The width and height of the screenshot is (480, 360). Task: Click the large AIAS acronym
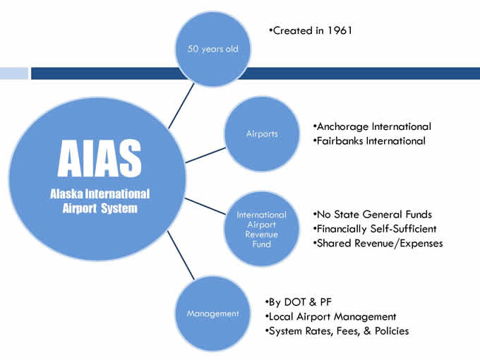pos(100,158)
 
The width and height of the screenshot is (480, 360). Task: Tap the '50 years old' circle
pos(212,49)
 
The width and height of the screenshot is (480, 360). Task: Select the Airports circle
pos(262,134)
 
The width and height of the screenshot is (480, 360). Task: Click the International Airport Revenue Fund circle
pos(262,229)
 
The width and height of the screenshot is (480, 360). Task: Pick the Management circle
pos(212,313)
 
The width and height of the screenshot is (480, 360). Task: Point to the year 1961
pos(340,30)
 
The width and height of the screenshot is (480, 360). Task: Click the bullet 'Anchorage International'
pos(372,126)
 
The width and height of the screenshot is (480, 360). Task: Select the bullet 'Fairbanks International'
pos(369,140)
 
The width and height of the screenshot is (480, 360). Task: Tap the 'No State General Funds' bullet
pos(372,215)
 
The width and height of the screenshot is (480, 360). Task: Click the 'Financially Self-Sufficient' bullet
pos(375,229)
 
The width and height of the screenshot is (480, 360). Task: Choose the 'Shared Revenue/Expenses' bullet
pos(378,243)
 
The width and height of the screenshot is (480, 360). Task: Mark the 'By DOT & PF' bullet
pos(299,302)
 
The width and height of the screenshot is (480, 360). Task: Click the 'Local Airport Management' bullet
pos(330,316)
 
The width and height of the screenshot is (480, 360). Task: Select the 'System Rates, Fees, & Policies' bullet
pos(337,331)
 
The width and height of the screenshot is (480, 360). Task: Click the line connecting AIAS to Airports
pos(205,155)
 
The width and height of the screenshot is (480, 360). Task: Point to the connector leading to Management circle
pos(181,256)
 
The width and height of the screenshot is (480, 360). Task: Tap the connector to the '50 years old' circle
pos(181,106)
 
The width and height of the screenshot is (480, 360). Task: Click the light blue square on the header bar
pos(14,73)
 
